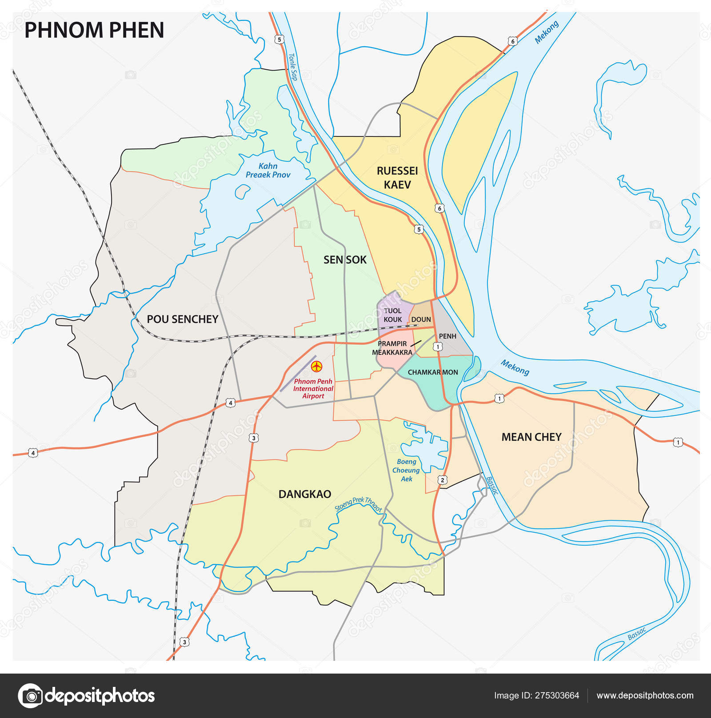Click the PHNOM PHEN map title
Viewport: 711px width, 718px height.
(x=94, y=30)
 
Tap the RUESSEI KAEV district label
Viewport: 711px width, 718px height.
(x=397, y=178)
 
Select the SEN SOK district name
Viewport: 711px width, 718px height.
(x=345, y=260)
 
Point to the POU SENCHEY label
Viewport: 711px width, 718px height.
(x=182, y=319)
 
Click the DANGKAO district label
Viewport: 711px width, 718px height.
(x=305, y=494)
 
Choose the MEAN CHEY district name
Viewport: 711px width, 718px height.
(x=531, y=437)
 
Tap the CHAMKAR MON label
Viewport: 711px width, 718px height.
(x=433, y=372)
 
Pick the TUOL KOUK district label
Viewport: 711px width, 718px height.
(x=392, y=315)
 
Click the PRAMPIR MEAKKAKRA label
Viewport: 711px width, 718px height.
(x=392, y=348)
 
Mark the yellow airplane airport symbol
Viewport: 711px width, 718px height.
(x=317, y=367)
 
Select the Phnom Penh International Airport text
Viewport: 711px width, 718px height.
(x=313, y=389)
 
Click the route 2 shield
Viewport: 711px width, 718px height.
(x=442, y=480)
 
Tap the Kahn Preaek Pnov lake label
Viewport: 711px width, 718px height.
(x=268, y=171)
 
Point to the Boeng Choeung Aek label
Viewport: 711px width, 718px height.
(x=406, y=470)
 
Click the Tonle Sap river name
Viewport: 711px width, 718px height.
(x=292, y=67)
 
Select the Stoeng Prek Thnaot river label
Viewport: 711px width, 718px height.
(x=358, y=504)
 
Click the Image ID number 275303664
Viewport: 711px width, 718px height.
(x=536, y=696)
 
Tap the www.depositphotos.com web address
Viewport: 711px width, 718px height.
(x=645, y=696)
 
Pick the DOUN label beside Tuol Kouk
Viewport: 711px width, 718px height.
(x=421, y=319)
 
